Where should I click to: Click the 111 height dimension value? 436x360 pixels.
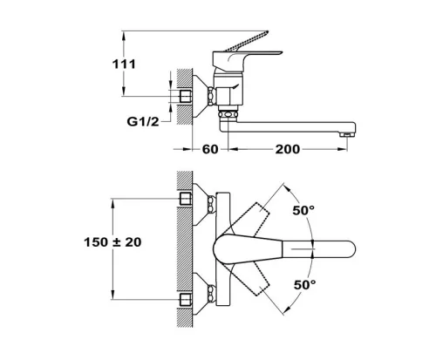pos(124,65)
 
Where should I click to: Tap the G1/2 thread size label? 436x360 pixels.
pos(143,122)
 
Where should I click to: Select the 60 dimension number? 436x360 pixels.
pos(210,149)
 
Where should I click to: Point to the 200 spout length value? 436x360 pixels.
pos(288,149)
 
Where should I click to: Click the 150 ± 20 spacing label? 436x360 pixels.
pos(112,242)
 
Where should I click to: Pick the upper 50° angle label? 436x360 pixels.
pos(303,210)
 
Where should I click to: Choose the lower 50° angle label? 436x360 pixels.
pos(304,285)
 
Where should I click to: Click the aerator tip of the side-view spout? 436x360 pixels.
pos(347,134)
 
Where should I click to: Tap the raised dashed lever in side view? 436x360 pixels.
pos(248,40)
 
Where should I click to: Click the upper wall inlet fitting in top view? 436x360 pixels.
pos(186,199)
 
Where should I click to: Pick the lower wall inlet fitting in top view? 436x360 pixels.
pos(186,300)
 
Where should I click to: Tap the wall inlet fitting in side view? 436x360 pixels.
pos(186,96)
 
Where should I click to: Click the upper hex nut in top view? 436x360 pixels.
pos(211,204)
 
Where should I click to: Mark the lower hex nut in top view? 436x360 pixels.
pos(211,294)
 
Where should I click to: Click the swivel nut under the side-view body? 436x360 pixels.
pos(228,113)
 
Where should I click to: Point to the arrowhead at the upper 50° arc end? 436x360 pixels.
pos(287,187)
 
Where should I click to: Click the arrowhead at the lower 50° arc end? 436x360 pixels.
pos(287,310)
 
